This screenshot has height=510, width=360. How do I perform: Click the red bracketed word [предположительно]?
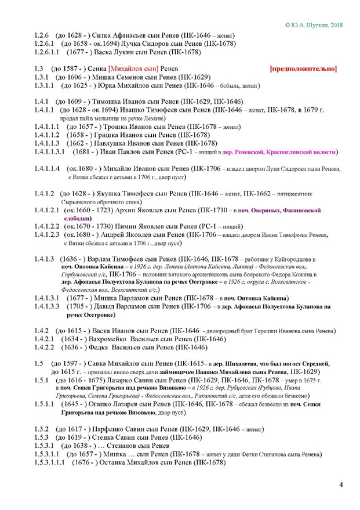point(303,69)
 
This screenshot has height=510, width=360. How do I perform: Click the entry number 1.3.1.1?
point(46,86)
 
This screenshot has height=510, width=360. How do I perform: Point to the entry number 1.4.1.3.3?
point(49,306)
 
